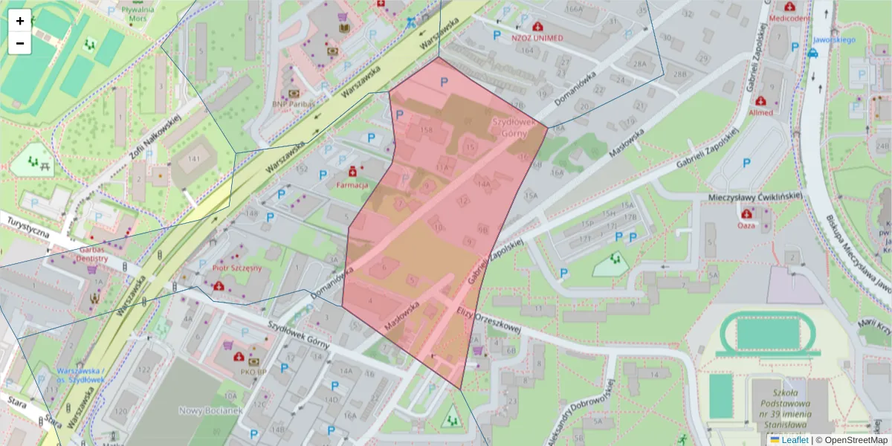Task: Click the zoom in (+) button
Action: (x=20, y=21)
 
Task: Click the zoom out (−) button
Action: (x=20, y=43)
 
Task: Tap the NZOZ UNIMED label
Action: (x=537, y=37)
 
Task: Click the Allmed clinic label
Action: (x=760, y=112)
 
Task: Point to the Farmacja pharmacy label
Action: (x=352, y=184)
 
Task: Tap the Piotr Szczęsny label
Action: (x=237, y=268)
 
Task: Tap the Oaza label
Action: (x=746, y=224)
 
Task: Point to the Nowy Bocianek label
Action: (x=211, y=410)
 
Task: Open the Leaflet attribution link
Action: (x=795, y=440)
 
